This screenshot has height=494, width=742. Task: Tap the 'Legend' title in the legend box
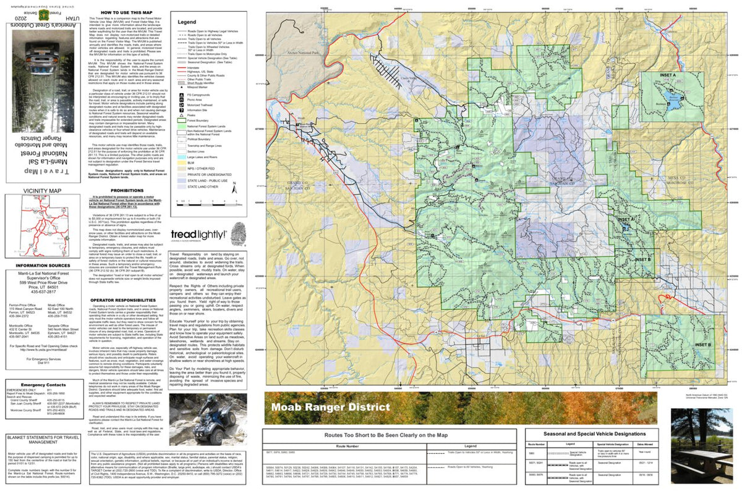[x=187, y=21]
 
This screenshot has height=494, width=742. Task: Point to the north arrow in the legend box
[x=235, y=191]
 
